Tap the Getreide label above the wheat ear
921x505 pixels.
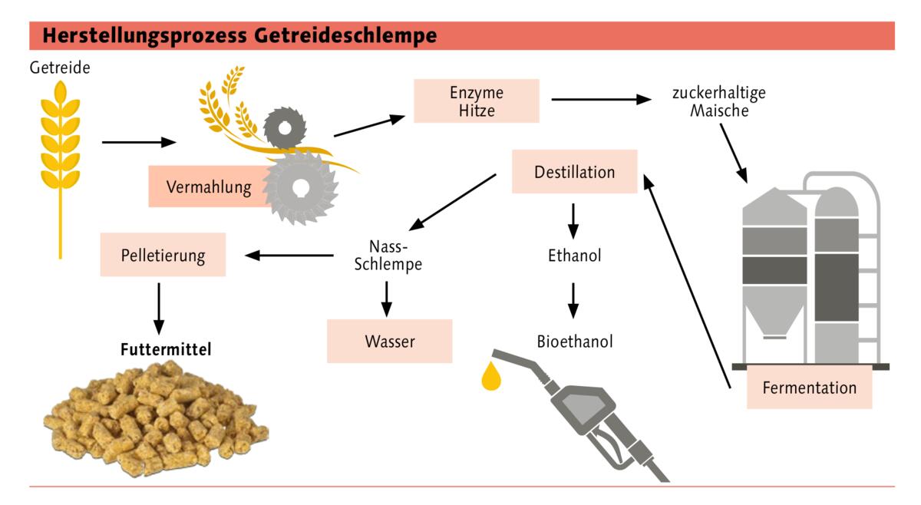60,68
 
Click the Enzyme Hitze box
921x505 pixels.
476,101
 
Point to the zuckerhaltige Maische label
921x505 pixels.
718,102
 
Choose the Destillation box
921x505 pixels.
574,172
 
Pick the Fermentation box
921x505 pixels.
809,388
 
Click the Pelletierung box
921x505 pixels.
163,255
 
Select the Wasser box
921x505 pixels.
389,342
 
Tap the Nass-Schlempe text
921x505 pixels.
388,256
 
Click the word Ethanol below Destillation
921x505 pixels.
574,256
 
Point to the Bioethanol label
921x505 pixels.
574,342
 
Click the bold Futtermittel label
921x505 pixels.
165,349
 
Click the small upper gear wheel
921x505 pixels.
285,127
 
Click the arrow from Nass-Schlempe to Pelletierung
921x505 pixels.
289,256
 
